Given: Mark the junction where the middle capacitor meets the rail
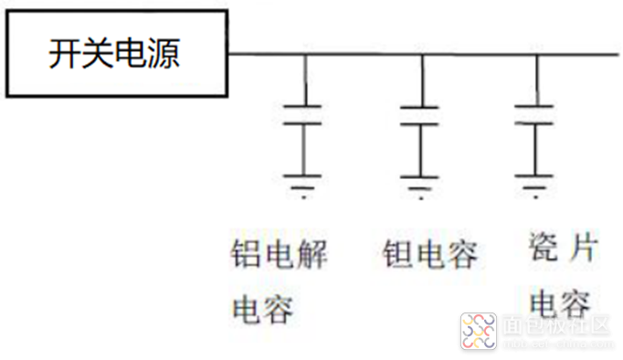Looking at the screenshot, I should tap(420, 54).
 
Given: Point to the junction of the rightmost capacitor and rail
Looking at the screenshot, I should tap(534, 54).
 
